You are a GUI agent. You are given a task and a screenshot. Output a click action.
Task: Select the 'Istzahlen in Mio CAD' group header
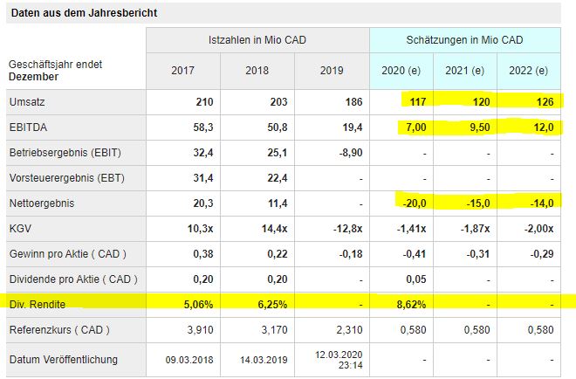pos(257,41)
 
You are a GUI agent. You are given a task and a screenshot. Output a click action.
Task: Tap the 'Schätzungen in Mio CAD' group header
pos(464,41)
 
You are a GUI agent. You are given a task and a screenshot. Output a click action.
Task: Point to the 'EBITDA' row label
pos(27,127)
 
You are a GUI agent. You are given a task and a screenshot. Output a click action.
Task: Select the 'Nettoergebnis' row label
pos(39,203)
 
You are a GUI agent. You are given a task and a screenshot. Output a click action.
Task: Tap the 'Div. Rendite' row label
pos(38,305)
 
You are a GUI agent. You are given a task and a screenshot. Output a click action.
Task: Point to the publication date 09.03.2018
pos(189,360)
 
